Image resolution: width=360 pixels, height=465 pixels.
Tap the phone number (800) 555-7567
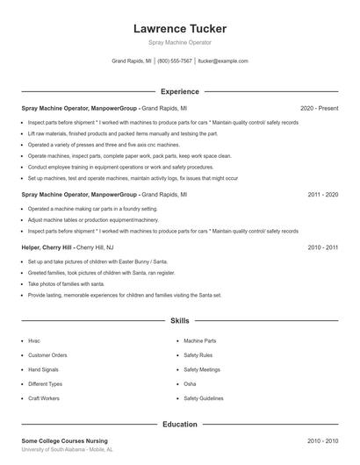[174, 61]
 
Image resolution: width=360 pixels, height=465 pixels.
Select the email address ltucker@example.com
[223, 61]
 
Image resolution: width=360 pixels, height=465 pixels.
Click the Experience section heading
[179, 91]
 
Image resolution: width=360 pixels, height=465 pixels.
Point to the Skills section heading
[179, 322]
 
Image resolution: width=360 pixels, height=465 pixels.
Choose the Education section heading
[179, 424]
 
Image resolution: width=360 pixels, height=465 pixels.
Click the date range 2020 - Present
[319, 108]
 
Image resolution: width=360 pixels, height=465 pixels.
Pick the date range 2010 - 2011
[322, 247]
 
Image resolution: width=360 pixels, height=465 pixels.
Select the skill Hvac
[34, 340]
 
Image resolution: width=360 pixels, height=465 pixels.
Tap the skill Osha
[190, 383]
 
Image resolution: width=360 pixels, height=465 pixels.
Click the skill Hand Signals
[45, 369]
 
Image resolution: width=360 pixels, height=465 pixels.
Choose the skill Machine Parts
[199, 340]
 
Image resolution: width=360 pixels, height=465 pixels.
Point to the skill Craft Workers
[44, 398]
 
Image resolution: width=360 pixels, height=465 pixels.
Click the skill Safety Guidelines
[204, 398]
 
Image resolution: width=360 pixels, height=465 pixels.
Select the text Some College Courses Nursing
[64, 440]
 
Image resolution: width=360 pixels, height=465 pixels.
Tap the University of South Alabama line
[67, 449]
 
